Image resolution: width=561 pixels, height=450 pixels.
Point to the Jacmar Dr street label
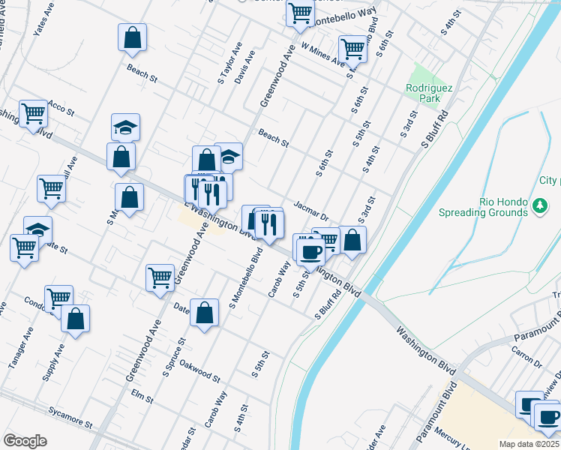tap(311, 210)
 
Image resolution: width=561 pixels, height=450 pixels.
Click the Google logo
tap(25, 441)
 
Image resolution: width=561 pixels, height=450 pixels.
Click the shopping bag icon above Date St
tap(204, 313)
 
